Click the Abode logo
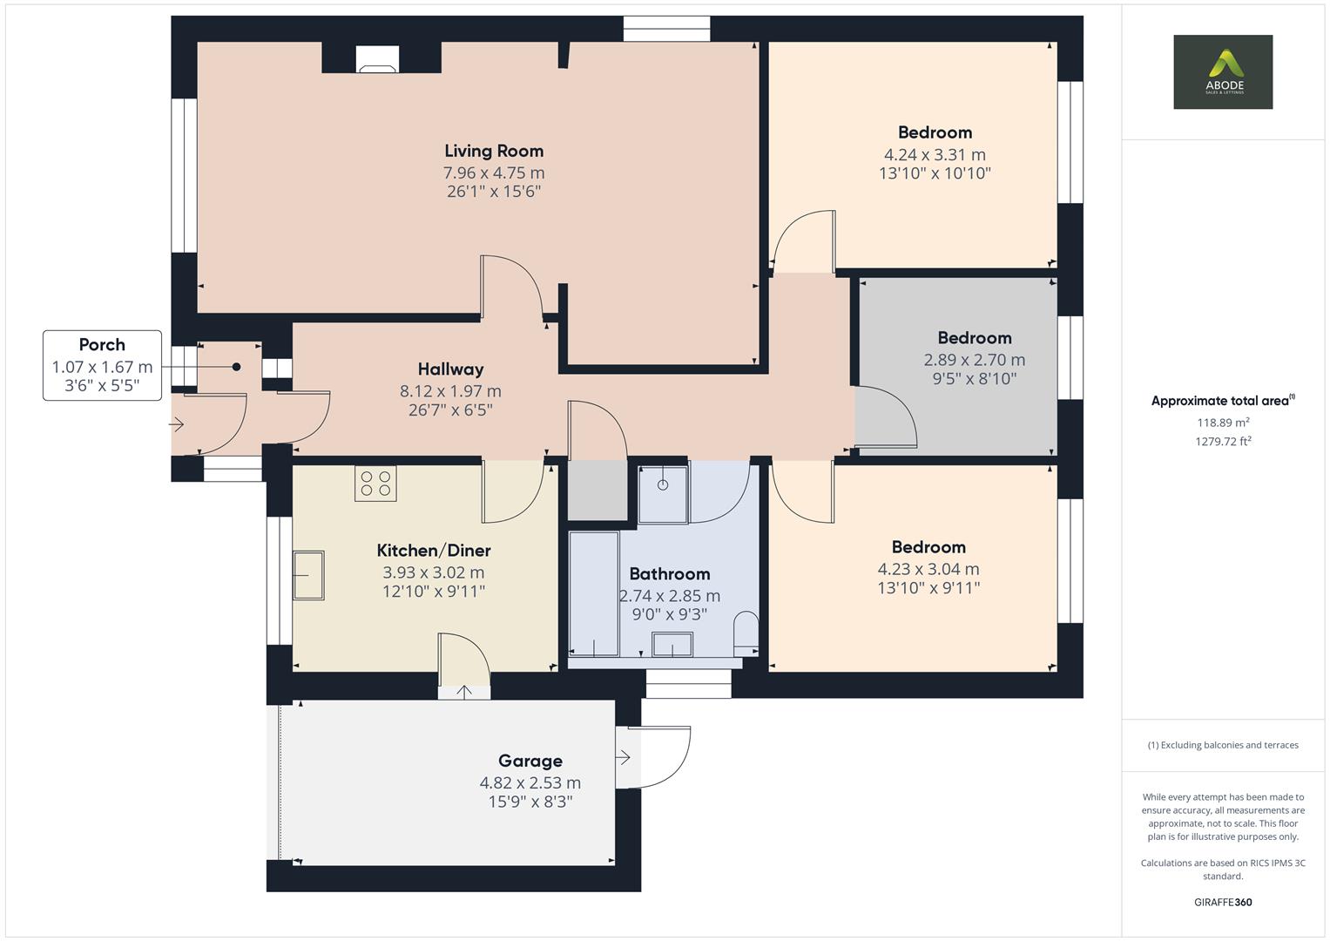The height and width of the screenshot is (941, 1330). (1222, 71)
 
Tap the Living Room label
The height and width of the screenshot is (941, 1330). (494, 151)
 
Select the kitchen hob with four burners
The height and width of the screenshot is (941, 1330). (375, 484)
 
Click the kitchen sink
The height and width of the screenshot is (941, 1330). (308, 575)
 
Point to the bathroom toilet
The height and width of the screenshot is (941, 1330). (746, 633)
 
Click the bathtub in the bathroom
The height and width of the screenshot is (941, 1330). (593, 593)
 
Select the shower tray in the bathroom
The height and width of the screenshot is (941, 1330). (663, 494)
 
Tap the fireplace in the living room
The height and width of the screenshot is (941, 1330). (378, 59)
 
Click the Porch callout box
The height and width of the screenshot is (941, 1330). (102, 365)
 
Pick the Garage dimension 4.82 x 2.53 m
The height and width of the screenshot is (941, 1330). (530, 782)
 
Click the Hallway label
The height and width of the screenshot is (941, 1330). (450, 369)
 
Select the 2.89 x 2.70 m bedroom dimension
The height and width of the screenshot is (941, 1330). (974, 360)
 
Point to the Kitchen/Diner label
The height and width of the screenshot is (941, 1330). (434, 551)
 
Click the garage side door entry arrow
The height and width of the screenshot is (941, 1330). (624, 758)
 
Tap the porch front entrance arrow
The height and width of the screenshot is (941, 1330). (177, 425)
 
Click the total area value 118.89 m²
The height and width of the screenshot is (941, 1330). (1223, 423)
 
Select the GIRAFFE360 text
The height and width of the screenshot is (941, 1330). (1223, 902)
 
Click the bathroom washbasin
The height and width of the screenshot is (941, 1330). (672, 646)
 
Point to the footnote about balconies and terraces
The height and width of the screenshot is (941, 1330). (1223, 745)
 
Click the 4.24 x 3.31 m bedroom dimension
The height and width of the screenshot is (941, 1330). (935, 155)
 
